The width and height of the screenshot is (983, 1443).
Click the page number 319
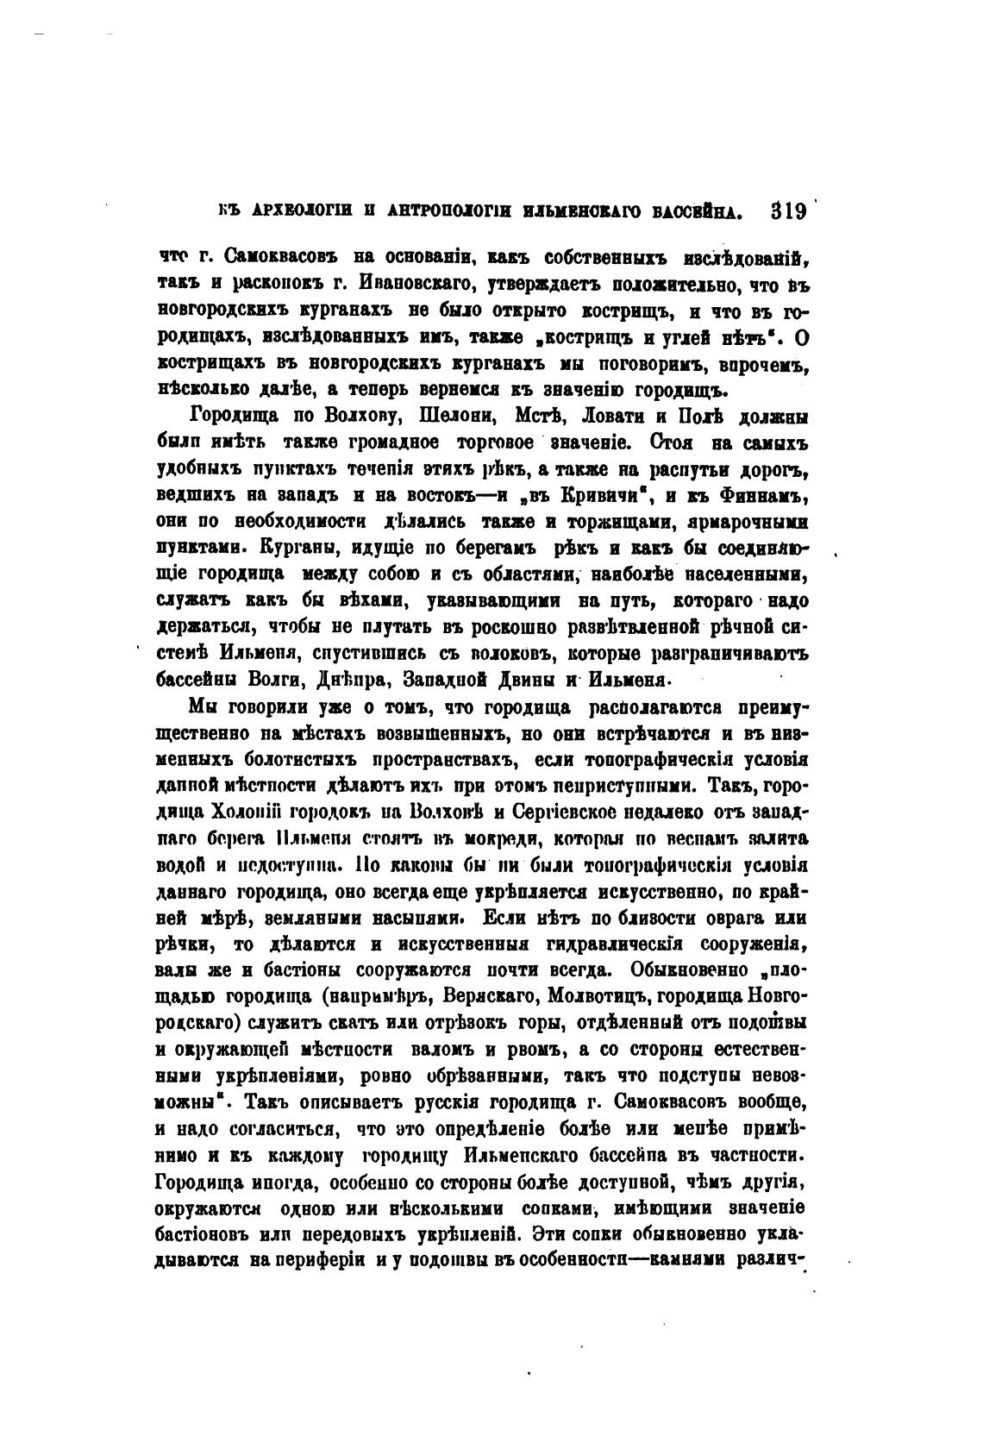pos(787,210)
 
